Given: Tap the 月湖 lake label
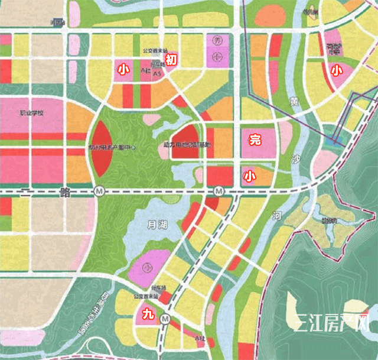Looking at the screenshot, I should tap(156, 224).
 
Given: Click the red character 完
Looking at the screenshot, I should tap(255, 140).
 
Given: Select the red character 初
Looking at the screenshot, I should tap(171, 59).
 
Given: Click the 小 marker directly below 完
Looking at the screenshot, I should tap(250, 176).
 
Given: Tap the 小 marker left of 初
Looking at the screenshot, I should tap(123, 69).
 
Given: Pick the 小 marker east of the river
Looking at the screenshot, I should tap(336, 70).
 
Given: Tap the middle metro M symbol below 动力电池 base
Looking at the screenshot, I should tap(219, 192).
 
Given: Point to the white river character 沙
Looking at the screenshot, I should tap(296, 158).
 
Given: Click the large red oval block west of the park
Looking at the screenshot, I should tap(98, 148).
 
